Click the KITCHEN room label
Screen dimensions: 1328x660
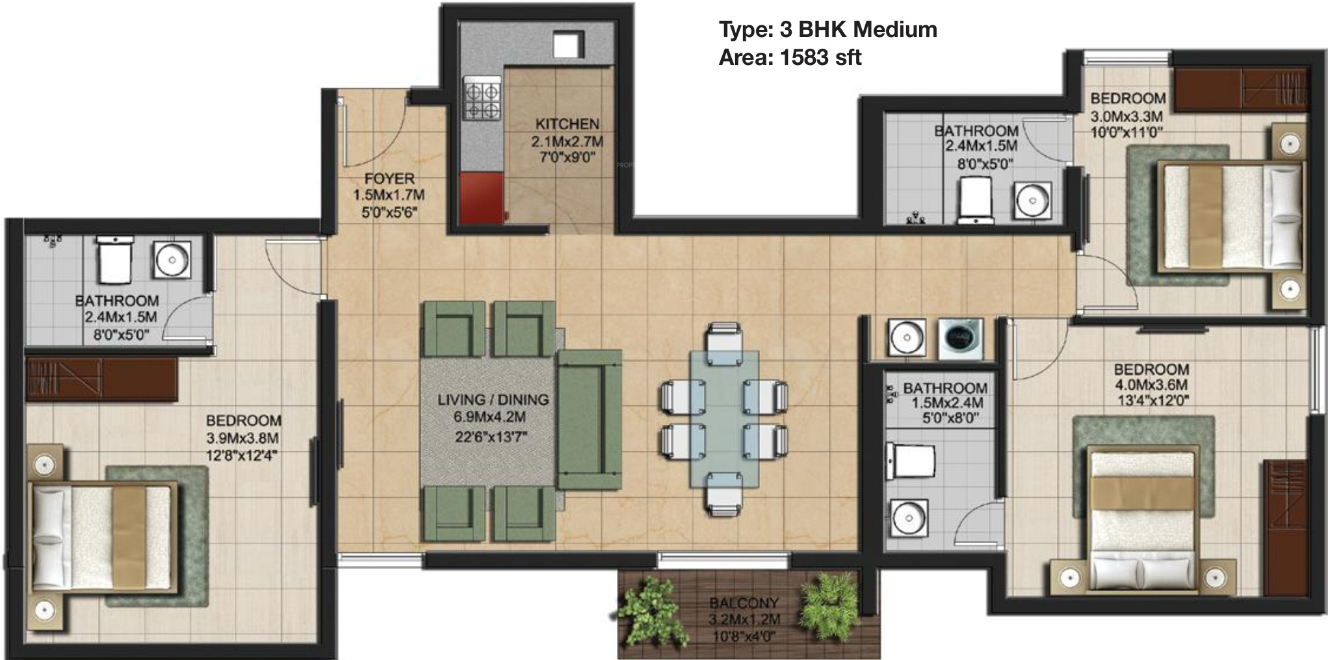(x=567, y=123)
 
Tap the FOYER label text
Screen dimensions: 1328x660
(x=389, y=179)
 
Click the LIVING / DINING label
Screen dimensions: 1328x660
(x=493, y=400)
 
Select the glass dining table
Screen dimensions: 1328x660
(x=724, y=418)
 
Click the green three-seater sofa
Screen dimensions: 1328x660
(x=590, y=420)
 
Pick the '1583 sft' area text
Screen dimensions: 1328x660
(x=820, y=58)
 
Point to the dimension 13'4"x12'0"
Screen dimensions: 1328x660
(x=1151, y=401)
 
